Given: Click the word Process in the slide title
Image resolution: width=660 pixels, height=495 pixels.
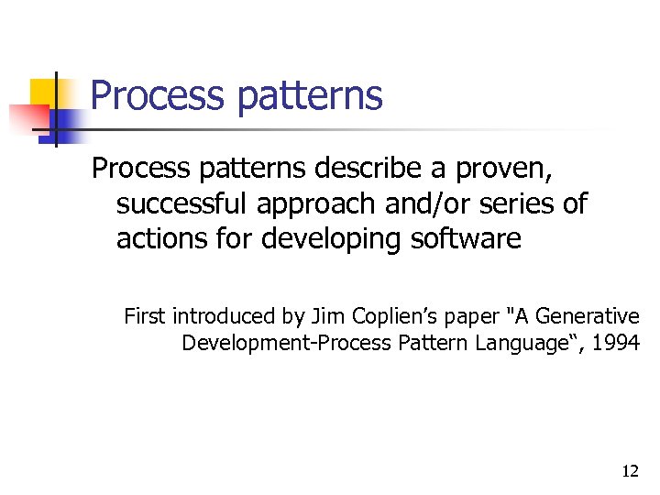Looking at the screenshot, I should pyautogui.click(x=156, y=95).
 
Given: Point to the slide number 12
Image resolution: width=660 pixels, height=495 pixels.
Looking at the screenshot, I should pyautogui.click(x=630, y=471).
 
